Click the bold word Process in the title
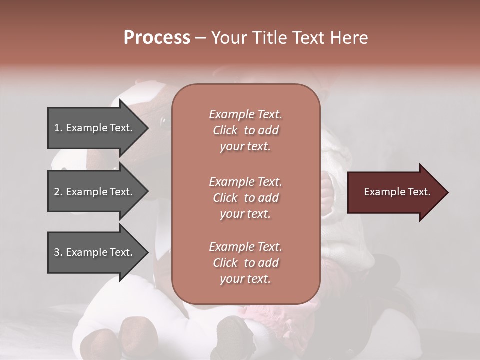(157, 38)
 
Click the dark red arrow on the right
(395, 192)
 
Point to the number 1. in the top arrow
(58, 128)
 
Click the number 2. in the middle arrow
(58, 192)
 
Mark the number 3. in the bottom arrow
(58, 252)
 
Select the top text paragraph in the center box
(245, 130)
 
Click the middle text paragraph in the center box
(245, 198)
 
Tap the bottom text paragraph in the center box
(245, 263)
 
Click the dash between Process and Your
(200, 38)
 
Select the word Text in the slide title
(307, 38)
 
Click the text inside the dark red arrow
(397, 192)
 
